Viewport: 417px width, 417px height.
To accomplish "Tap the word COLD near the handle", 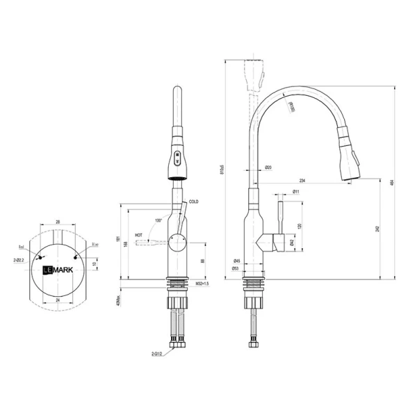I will pyautogui.click(x=194, y=202).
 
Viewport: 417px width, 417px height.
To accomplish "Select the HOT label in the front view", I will pyautogui.click(x=139, y=236).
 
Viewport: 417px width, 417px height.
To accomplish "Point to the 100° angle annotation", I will pyautogui.click(x=158, y=220).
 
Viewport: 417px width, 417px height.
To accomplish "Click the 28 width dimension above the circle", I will pyautogui.click(x=58, y=222).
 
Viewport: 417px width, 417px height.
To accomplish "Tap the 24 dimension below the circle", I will pyautogui.click(x=58, y=300).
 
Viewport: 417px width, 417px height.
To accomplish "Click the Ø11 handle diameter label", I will pyautogui.click(x=296, y=191).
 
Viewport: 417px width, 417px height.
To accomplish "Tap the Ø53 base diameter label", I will pyautogui.click(x=237, y=268).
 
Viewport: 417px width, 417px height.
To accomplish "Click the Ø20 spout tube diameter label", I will pyautogui.click(x=268, y=167).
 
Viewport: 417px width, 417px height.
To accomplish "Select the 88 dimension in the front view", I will pyautogui.click(x=202, y=261).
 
